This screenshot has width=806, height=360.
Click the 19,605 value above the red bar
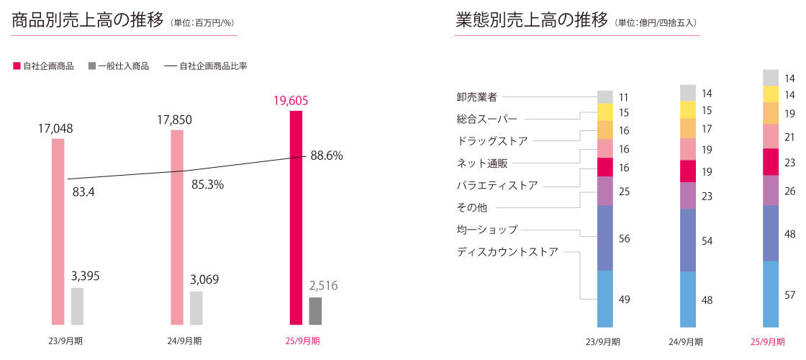tap(291, 101)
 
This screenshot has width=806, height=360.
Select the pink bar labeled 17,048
tap(58, 230)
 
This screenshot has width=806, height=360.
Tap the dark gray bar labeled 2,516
tap(315, 311)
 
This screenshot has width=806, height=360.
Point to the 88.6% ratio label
tap(327, 156)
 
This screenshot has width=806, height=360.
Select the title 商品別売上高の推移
tap(88, 20)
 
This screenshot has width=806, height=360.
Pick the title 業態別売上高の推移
tap(532, 20)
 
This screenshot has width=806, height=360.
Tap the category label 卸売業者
tap(476, 96)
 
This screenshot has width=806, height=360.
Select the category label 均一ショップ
tap(487, 230)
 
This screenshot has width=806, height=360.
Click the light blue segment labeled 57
tap(771, 294)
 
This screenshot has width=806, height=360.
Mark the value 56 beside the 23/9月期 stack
tap(625, 238)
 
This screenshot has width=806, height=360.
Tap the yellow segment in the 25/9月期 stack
tap(771, 94)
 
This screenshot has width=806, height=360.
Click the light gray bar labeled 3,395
tap(77, 306)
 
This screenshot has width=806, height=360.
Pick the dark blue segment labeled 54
tap(688, 240)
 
